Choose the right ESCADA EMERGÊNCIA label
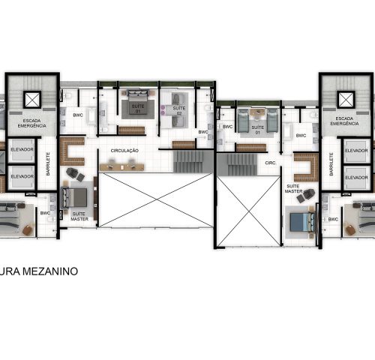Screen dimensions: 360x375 click(344, 122)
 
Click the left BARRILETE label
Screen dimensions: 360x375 click(48, 165)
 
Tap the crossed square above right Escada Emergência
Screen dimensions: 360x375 click(344, 99)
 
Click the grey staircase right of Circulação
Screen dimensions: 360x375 click(190, 160)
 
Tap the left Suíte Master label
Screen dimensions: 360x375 click(78, 216)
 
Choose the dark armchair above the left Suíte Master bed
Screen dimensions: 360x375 click(72, 174)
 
